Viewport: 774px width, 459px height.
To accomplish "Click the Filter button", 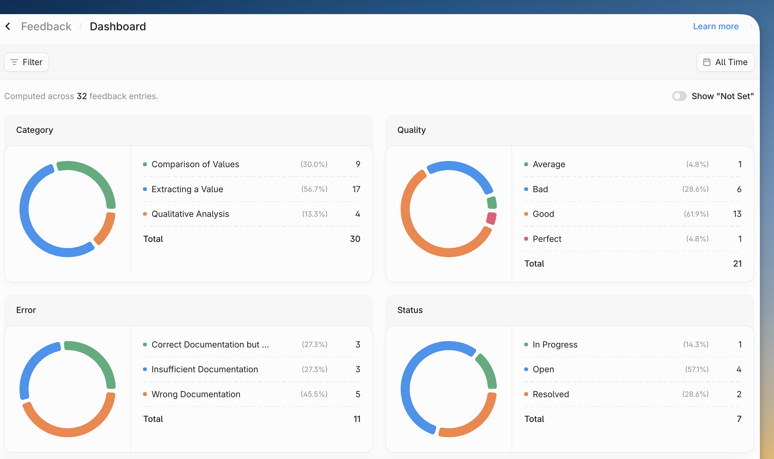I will point(26,62).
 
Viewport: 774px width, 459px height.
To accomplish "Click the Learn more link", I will point(715,26).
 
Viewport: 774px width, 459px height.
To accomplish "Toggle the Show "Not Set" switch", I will point(679,96).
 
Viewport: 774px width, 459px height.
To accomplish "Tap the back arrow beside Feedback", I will point(8,26).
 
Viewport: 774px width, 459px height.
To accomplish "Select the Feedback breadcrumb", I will point(46,26).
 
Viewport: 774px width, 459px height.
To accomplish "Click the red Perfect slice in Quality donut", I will point(491,218).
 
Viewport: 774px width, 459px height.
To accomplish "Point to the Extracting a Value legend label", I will point(187,189).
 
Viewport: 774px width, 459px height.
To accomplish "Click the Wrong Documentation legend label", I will point(196,394).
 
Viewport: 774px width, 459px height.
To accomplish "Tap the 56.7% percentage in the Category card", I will point(314,189).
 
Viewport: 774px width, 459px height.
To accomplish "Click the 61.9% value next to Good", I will point(696,214).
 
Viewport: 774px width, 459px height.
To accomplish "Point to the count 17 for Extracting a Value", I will point(356,189).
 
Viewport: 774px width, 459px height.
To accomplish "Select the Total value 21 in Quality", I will point(737,264).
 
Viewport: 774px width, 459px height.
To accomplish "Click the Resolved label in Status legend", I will point(551,394).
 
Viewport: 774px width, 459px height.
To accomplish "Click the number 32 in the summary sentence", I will point(82,96).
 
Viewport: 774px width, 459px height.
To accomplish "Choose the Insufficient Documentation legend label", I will point(205,369).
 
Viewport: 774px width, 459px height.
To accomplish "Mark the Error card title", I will point(26,310).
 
